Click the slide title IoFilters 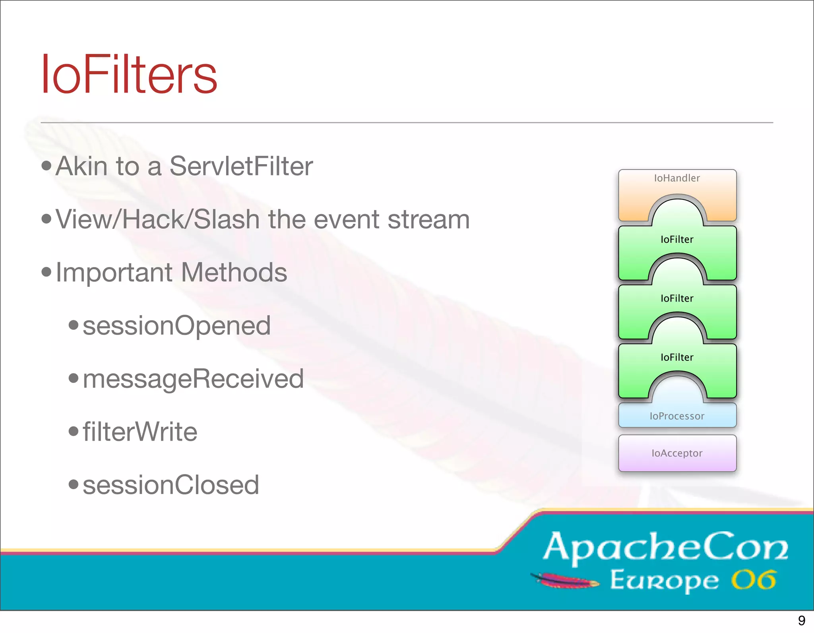129,75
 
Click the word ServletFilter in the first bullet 241,166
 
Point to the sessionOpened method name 176,326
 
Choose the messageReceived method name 193,379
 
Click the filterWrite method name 140,432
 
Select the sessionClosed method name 171,485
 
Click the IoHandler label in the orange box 677,178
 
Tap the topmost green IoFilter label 677,239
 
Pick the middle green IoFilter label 677,298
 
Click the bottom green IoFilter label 677,357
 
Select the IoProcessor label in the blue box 677,416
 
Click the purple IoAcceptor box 677,453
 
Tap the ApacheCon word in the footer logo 666,548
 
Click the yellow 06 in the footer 754,581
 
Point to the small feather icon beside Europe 564,581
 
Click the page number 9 801,620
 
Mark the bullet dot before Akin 47,166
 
